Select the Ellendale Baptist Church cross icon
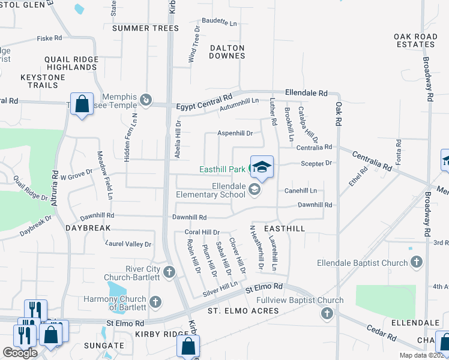coord(417,262)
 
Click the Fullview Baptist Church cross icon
coord(327,313)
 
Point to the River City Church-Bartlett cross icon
coord(169,273)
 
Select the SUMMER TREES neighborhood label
coord(145,28)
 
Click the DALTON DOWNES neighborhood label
coord(227,52)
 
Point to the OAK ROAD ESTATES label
coord(415,41)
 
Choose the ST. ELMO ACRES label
coord(243,311)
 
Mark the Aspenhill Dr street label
coord(235,133)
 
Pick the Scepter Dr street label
coord(316,163)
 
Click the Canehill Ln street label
coord(300,191)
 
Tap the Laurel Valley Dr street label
coord(128,244)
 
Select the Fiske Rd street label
coord(49,38)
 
